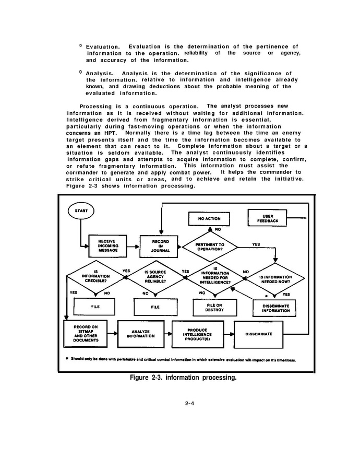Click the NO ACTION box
(209, 219)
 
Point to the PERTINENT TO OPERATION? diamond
(210, 247)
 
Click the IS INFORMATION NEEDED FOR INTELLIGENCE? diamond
(215, 278)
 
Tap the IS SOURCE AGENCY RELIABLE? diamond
(155, 277)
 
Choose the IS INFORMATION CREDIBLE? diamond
(95, 277)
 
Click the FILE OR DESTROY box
(215, 308)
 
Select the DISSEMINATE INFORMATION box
(275, 308)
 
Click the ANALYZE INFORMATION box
(140, 334)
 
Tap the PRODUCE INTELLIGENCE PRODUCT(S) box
(198, 334)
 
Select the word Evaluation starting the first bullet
(102, 46)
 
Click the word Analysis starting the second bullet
(99, 74)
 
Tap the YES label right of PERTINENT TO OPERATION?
(256, 244)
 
